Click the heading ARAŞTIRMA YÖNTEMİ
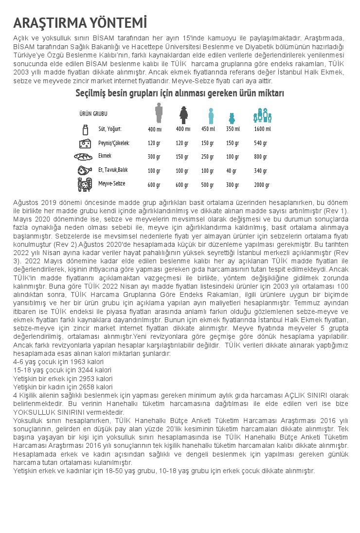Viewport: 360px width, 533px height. (80, 23)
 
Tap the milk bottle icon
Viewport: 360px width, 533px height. (85, 129)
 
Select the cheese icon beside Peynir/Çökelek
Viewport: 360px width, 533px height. (85, 143)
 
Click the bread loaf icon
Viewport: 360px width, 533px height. (83, 157)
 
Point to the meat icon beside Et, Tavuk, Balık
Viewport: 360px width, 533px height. (85, 170)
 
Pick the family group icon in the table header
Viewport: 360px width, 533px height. (262, 115)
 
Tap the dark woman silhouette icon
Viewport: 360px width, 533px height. (183, 115)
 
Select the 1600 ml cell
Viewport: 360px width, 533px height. (262, 129)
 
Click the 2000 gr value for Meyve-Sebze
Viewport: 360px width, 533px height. (261, 185)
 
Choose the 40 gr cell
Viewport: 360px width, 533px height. (231, 171)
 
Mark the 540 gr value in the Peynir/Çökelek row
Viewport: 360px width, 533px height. (261, 143)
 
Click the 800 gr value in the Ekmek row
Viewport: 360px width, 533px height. (261, 157)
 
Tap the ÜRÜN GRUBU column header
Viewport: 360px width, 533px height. (93, 113)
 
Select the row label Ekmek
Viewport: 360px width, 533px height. (105, 156)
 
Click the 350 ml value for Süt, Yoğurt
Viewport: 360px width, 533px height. (233, 129)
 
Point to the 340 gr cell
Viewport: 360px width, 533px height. (261, 171)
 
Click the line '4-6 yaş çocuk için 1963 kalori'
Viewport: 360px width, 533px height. (58, 362)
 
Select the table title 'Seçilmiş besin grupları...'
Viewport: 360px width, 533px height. (180, 93)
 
